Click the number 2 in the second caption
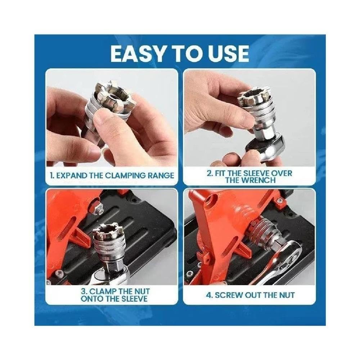tap(210, 173)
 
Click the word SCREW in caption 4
tap(228, 295)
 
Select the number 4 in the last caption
tap(209, 295)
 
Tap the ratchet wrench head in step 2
tap(264, 147)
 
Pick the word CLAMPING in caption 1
tap(125, 176)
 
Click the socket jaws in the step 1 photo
tap(110, 94)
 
